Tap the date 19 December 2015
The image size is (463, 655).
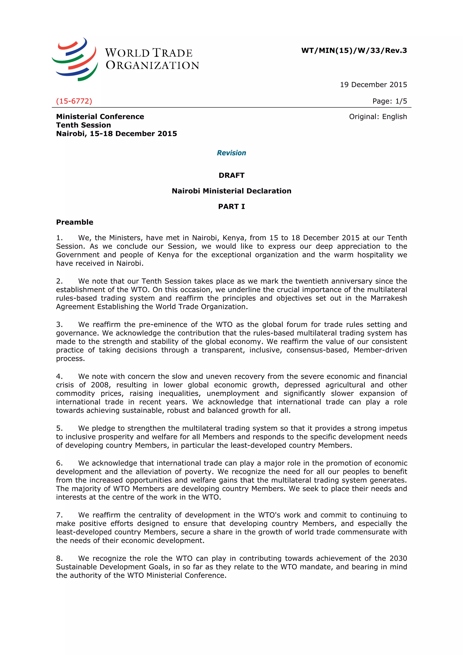(x=373, y=85)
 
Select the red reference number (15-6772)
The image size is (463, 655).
(x=74, y=101)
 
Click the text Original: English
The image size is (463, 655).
(x=378, y=117)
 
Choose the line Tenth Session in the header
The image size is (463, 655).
(x=83, y=125)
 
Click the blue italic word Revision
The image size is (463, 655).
(x=231, y=153)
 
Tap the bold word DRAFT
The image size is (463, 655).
(x=231, y=175)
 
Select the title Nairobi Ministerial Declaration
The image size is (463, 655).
(x=231, y=191)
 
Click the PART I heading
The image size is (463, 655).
(x=231, y=207)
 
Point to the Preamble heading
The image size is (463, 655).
(x=74, y=222)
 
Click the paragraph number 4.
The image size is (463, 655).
(x=59, y=377)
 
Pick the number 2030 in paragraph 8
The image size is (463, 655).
(x=398, y=558)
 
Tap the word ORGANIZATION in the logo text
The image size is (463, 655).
(x=152, y=65)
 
